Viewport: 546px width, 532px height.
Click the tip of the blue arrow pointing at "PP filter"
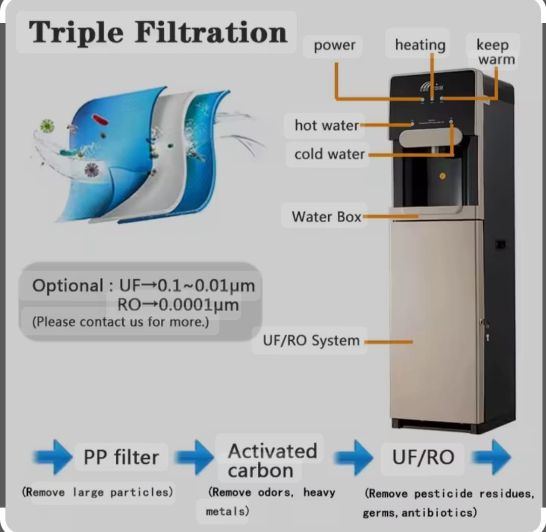[x=72, y=457]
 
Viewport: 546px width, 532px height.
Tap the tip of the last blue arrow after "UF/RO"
[x=511, y=457]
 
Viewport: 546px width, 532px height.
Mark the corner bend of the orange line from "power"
[x=336, y=99]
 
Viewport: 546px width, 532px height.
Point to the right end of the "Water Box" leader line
[x=418, y=216]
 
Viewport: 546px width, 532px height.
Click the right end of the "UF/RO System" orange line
[x=413, y=342]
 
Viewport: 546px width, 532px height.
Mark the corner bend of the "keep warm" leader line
[x=496, y=99]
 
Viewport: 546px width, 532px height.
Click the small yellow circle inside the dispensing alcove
[x=442, y=176]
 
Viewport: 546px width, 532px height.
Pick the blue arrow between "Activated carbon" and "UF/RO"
[x=353, y=457]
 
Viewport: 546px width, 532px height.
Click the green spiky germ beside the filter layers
[x=47, y=126]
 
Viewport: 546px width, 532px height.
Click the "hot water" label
[x=327, y=125]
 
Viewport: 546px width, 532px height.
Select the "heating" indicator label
[x=420, y=45]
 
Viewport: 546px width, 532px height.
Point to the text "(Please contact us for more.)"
[x=120, y=322]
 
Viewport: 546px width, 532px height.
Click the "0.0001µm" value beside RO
[x=199, y=305]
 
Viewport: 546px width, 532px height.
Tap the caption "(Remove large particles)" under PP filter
[x=98, y=492]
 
